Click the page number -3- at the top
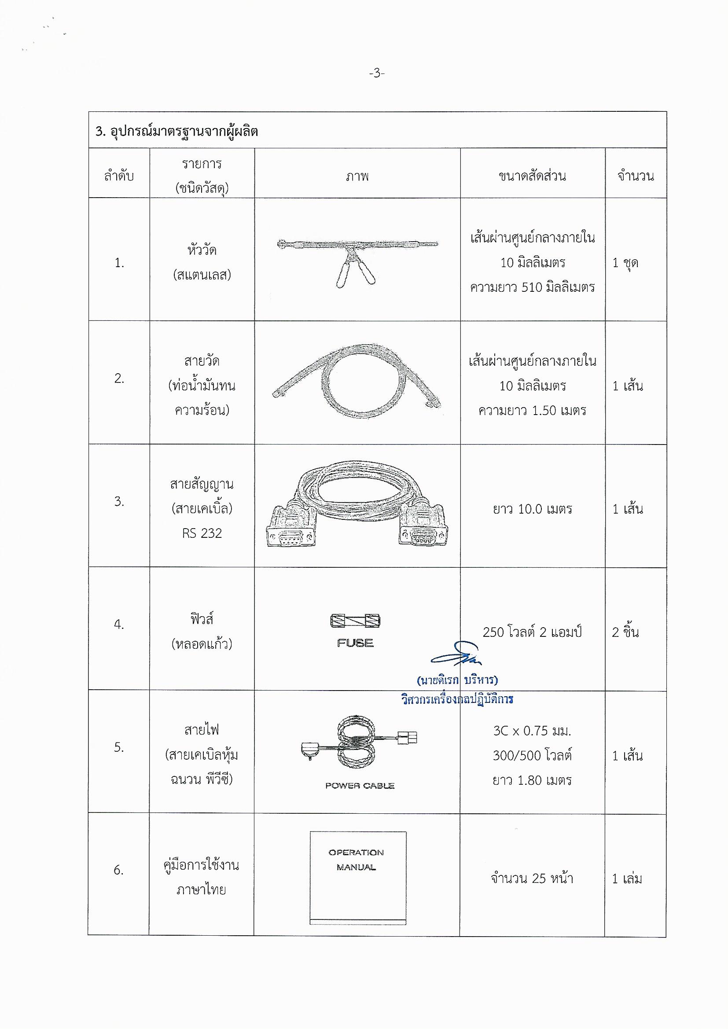[377, 73]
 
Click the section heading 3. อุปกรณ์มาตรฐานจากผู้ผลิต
[176, 132]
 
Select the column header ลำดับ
[119, 176]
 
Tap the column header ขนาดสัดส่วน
[532, 176]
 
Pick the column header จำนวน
[635, 176]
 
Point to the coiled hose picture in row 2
[357, 382]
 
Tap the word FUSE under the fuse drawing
[355, 643]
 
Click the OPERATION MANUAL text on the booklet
[357, 860]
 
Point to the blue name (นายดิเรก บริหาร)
[457, 680]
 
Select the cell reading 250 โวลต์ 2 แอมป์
[532, 632]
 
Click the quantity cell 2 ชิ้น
[625, 632]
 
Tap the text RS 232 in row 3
[202, 533]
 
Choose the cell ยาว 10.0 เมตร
[532, 509]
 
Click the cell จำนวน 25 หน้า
[532, 878]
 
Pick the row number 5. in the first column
[118, 747]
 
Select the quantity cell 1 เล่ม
[627, 878]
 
